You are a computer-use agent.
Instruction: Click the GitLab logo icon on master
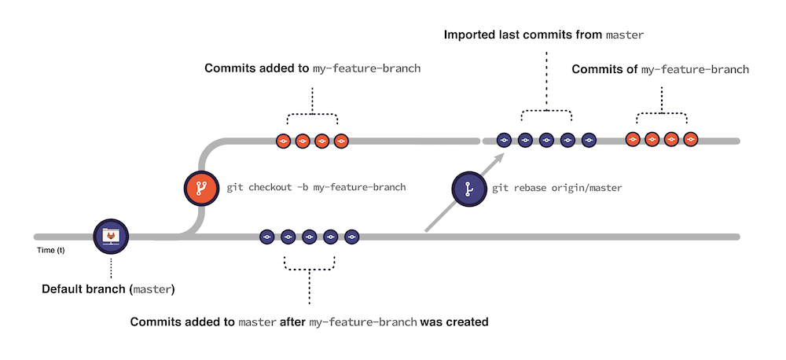(x=111, y=236)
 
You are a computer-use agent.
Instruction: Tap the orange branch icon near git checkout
(x=200, y=188)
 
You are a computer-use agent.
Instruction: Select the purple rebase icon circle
(x=468, y=189)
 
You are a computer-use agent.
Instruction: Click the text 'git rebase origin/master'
(x=556, y=189)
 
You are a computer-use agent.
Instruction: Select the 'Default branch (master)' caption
(x=108, y=289)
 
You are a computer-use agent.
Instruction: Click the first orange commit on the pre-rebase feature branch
(x=284, y=141)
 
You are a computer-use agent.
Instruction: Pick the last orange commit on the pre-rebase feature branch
(x=340, y=141)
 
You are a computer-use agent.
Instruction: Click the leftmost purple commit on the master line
(x=266, y=236)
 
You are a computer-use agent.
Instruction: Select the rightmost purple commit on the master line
(x=351, y=236)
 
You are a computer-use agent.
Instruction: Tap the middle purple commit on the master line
(x=309, y=236)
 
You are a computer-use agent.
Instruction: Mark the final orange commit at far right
(x=690, y=139)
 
